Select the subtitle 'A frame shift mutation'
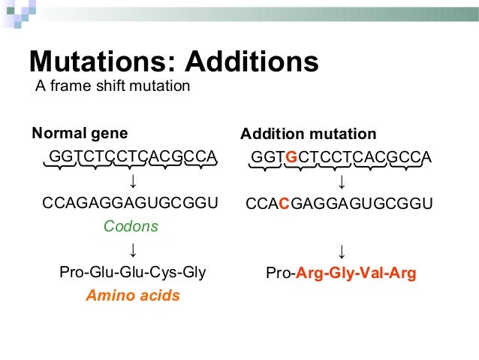[113, 86]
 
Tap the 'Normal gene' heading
[80, 134]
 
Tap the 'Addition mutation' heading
[308, 135]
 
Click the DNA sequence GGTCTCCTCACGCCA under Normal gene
[133, 156]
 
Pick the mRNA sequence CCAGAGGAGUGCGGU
[131, 203]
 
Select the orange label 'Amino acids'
[133, 295]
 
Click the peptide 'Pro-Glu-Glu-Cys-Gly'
[133, 272]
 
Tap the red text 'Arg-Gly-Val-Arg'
[356, 273]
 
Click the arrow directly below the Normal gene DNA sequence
[132, 180]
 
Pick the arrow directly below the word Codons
[132, 249]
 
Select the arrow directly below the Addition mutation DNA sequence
[342, 181]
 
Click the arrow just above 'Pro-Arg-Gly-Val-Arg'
[342, 250]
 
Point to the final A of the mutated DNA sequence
[426, 157]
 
